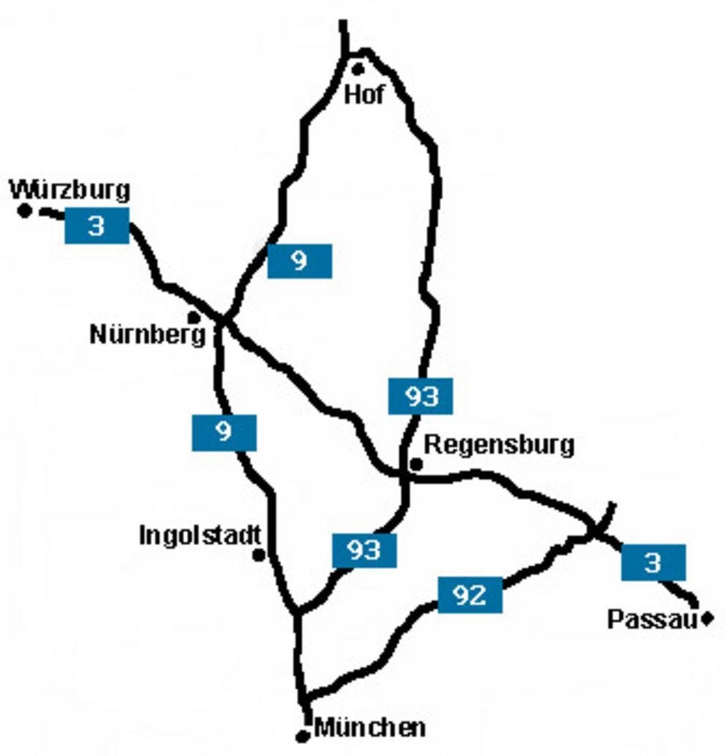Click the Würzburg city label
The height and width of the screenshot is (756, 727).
tap(70, 190)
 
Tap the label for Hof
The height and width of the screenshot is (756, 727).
tap(364, 95)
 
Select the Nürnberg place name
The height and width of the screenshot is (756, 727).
tap(147, 335)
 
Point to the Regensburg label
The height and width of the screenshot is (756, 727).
tap(500, 444)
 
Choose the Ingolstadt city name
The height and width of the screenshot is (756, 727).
tap(200, 535)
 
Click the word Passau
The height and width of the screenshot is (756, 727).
tap(651, 620)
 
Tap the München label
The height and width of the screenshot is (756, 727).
tap(370, 728)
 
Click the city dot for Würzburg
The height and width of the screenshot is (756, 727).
tap(25, 211)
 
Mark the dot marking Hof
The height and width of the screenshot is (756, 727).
tap(358, 70)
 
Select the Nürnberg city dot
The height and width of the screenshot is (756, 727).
tap(193, 318)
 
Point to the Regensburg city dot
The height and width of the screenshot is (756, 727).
tap(416, 463)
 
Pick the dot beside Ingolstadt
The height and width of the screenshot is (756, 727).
tap(259, 555)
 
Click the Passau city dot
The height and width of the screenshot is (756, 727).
tap(707, 619)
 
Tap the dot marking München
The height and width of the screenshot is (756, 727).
tap(302, 736)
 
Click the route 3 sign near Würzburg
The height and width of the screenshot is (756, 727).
tap(97, 226)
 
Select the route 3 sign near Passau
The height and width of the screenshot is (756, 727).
tap(653, 562)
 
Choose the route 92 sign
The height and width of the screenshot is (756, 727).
tap(470, 595)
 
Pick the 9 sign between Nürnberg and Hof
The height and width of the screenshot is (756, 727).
tap(299, 261)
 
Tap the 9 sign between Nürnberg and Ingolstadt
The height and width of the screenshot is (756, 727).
tap(224, 433)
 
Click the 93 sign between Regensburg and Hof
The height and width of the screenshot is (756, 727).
tap(420, 397)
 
